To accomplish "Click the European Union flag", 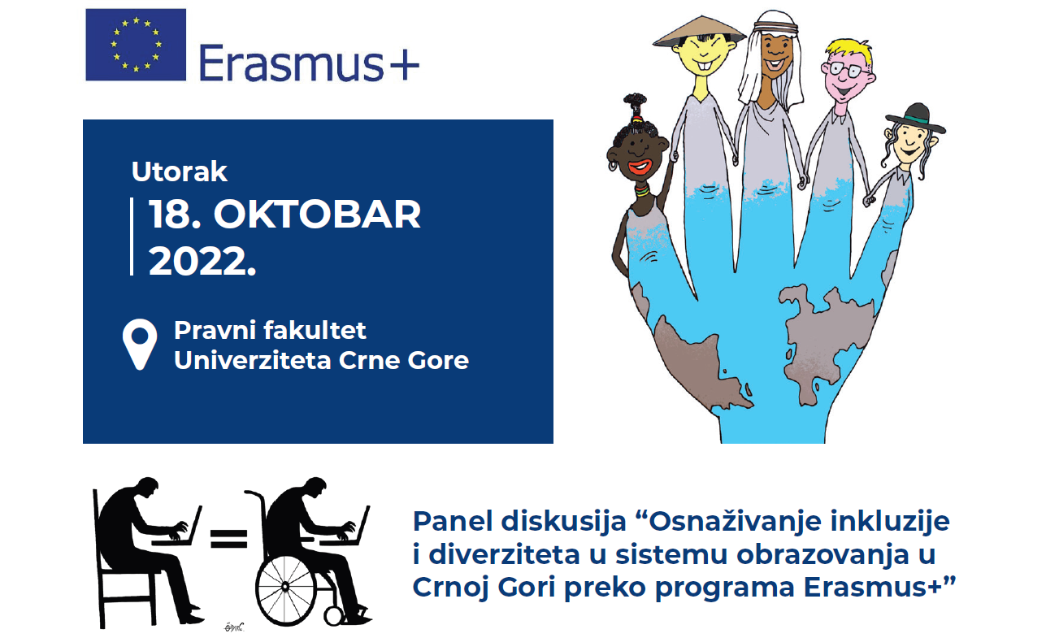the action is pyautogui.click(x=136, y=45).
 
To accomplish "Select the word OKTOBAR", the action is pyautogui.click(x=317, y=215).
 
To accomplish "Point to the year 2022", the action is pyautogui.click(x=202, y=261).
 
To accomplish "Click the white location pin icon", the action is pyautogui.click(x=140, y=344).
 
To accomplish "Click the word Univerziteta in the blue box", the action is pyautogui.click(x=253, y=360).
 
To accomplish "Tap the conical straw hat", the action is pyautogui.click(x=699, y=33).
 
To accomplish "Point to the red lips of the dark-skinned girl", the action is pyautogui.click(x=640, y=167).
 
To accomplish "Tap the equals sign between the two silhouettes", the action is pyautogui.click(x=229, y=539).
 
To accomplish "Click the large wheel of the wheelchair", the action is pyautogui.click(x=286, y=587).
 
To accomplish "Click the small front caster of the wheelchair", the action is pyautogui.click(x=334, y=616).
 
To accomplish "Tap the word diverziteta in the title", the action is pyautogui.click(x=504, y=554).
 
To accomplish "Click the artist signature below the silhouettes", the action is pyautogui.click(x=233, y=627).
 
